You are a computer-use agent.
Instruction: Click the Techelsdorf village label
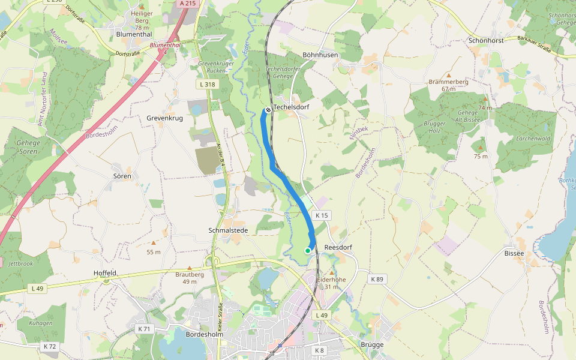pyautogui.click(x=291, y=107)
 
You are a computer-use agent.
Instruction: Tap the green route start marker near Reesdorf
pyautogui.click(x=308, y=251)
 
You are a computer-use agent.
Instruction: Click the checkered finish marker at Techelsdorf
pyautogui.click(x=268, y=110)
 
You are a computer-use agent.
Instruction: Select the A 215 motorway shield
pyautogui.click(x=188, y=4)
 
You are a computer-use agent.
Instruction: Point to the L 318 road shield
pyautogui.click(x=206, y=85)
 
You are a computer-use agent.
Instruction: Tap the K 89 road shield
pyautogui.click(x=376, y=279)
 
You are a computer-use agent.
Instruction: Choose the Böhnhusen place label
pyautogui.click(x=320, y=55)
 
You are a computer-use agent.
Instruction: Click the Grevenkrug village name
pyautogui.click(x=164, y=118)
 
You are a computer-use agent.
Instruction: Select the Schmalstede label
pyautogui.click(x=227, y=230)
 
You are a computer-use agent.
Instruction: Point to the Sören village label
pyautogui.click(x=122, y=176)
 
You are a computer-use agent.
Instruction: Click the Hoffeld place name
pyautogui.click(x=105, y=272)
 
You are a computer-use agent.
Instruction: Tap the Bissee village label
pyautogui.click(x=514, y=253)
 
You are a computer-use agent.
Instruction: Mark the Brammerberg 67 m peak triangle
pyautogui.click(x=448, y=75)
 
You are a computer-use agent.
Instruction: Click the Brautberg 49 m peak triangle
pyautogui.click(x=190, y=268)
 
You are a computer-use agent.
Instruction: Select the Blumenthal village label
pyautogui.click(x=134, y=35)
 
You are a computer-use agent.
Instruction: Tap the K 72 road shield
pyautogui.click(x=50, y=347)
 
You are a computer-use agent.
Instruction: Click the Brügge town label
pyautogui.click(x=372, y=345)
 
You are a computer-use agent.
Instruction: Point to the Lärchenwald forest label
pyautogui.click(x=516, y=139)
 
